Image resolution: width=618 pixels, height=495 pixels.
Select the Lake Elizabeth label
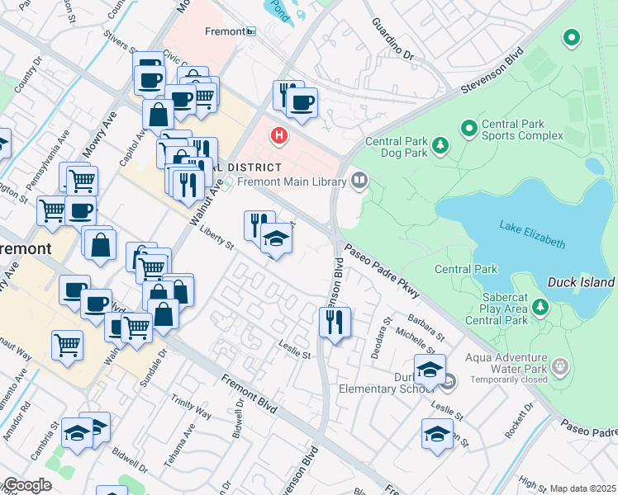pyautogui.click(x=532, y=233)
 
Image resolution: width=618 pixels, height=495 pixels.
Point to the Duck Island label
pyautogui.click(x=581, y=282)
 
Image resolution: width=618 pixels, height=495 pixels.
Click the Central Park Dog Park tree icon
pyautogui.click(x=440, y=146)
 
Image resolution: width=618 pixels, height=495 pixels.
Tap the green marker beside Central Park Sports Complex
pyautogui.click(x=468, y=128)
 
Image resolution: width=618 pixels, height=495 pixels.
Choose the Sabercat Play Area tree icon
pyautogui.click(x=540, y=307)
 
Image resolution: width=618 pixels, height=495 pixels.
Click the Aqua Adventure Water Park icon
pyautogui.click(x=560, y=365)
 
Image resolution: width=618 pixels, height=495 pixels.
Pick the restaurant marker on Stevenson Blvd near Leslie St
pyautogui.click(x=335, y=322)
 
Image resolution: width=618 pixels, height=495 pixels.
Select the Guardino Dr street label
pyautogui.click(x=392, y=40)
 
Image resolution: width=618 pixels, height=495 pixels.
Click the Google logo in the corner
pyautogui.click(x=26, y=485)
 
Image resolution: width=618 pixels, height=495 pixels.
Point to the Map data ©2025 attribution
pyautogui.click(x=582, y=488)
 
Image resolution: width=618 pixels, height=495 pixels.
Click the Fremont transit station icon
pyautogui.click(x=251, y=31)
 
